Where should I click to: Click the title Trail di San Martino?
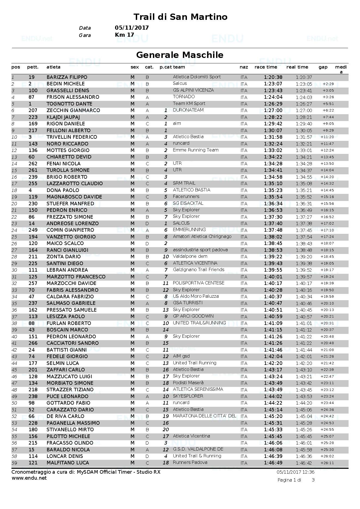(x=180, y=17)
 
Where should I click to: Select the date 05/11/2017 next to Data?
(x=132, y=28)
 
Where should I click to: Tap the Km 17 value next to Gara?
(x=124, y=35)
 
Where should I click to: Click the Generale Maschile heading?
(x=180, y=55)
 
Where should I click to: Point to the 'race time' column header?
(x=266, y=67)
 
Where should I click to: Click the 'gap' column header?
(x=323, y=67)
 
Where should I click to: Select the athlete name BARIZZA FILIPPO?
(x=67, y=77)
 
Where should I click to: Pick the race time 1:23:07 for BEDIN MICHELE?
(x=273, y=84)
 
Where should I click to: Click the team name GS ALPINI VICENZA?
(x=193, y=90)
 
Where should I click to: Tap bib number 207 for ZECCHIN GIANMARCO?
(x=33, y=110)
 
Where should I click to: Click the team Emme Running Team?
(x=195, y=150)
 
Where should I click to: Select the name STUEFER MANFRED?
(x=70, y=204)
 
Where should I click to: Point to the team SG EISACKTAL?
(x=188, y=203)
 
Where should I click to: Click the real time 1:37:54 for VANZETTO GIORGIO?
(x=304, y=237)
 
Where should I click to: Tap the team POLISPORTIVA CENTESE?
(x=199, y=283)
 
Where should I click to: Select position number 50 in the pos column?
(x=14, y=403)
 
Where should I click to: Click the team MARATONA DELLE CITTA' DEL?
(x=204, y=416)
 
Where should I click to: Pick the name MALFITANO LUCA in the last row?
(x=68, y=463)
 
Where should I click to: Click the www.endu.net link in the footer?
(x=29, y=478)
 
